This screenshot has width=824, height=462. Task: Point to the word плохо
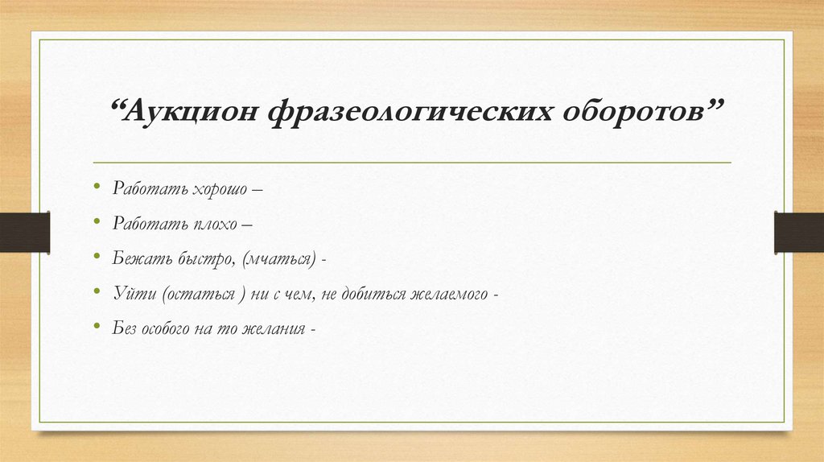point(215,225)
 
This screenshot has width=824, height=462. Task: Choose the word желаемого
point(453,295)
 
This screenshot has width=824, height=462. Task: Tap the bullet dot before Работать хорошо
point(97,188)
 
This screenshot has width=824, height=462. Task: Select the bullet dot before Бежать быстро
point(97,258)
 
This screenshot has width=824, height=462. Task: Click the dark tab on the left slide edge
point(24,231)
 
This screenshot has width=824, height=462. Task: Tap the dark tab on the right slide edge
point(799,231)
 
